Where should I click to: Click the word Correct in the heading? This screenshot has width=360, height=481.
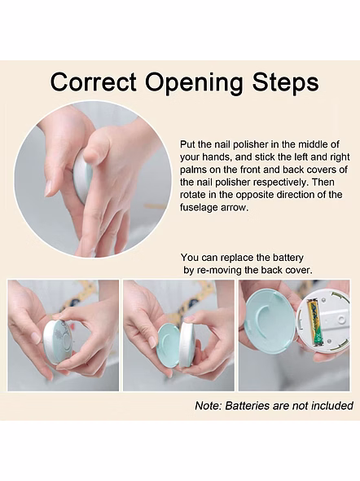click(94, 82)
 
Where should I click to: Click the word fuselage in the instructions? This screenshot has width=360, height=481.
click(200, 208)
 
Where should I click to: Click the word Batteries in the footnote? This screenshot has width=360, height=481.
click(246, 406)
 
